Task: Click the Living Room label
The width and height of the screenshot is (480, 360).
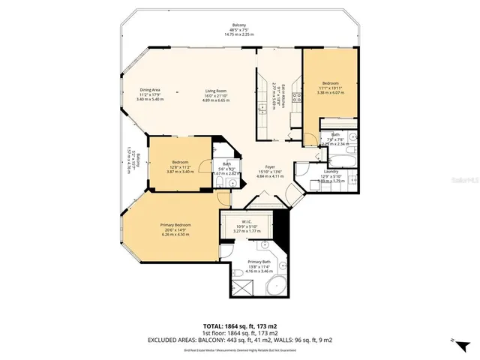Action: point(216,91)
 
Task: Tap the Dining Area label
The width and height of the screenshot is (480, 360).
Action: point(151,91)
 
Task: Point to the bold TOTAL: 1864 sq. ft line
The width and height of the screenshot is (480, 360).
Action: point(239,326)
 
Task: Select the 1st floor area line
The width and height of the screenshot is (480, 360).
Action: point(239,332)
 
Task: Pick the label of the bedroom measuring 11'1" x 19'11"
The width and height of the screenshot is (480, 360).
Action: point(330,83)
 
